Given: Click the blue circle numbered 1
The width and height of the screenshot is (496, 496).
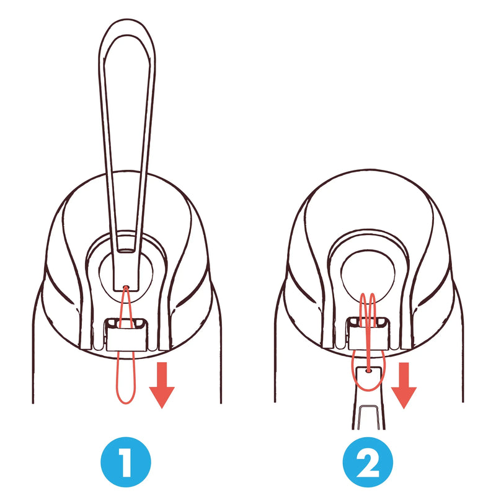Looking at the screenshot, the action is pyautogui.click(x=126, y=462).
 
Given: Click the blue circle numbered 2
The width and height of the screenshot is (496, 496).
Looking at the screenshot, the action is pyautogui.click(x=368, y=462).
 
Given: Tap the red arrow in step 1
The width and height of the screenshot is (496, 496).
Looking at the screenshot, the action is pyautogui.click(x=162, y=384).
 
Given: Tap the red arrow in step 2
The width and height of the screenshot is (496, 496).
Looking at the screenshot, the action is pyautogui.click(x=404, y=384).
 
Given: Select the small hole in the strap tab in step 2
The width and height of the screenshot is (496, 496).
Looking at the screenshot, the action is pyautogui.click(x=368, y=370).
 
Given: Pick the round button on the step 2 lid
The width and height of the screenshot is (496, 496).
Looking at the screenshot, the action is pyautogui.click(x=368, y=272).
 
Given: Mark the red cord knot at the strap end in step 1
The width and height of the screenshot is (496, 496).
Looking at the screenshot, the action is pyautogui.click(x=126, y=287).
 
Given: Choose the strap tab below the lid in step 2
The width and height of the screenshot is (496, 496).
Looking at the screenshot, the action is pyautogui.click(x=368, y=397).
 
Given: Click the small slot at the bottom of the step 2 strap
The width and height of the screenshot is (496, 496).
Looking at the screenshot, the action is pyautogui.click(x=368, y=417).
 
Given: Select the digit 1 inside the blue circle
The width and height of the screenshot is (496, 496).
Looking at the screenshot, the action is pyautogui.click(x=126, y=462).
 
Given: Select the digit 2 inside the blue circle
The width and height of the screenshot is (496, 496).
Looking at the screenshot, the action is pyautogui.click(x=368, y=462).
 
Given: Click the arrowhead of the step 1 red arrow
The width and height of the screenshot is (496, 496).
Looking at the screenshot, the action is pyautogui.click(x=162, y=397).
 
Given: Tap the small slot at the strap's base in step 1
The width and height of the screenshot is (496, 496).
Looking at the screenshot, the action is pyautogui.click(x=126, y=252).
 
